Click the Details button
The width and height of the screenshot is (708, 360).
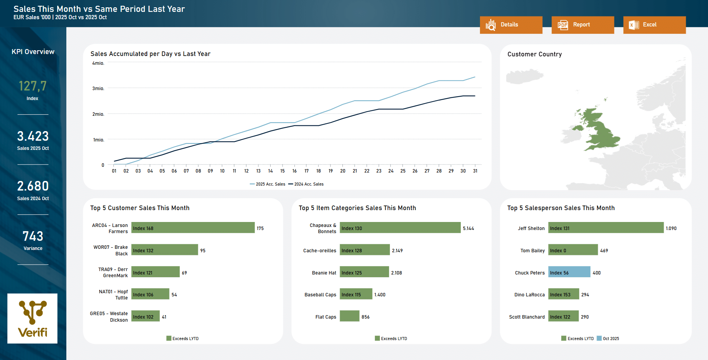tap(511, 25)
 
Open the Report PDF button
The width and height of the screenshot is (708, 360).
tap(582, 25)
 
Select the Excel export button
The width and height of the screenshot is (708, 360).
tap(654, 25)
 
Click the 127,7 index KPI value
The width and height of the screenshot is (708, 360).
tap(33, 86)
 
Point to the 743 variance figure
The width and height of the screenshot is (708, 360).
tap(33, 236)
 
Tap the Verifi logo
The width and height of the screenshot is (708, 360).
tap(33, 318)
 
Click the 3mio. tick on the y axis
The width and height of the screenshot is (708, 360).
tap(98, 89)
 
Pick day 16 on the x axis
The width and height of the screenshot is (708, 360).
tap(294, 171)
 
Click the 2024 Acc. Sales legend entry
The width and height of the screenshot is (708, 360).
tap(306, 184)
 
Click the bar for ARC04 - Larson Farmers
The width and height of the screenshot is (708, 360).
tap(193, 228)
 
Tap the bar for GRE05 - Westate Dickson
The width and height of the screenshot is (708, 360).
tap(145, 316)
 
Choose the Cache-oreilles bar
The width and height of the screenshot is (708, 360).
tap(365, 250)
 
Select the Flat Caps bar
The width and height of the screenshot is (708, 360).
tap(349, 316)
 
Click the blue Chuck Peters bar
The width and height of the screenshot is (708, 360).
tap(569, 272)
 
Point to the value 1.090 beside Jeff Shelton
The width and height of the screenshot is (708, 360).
tap(671, 228)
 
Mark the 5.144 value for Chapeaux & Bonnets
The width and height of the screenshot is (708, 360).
tap(468, 228)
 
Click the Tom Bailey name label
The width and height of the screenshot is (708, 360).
tap(532, 251)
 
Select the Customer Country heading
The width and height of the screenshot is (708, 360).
tap(534, 54)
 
